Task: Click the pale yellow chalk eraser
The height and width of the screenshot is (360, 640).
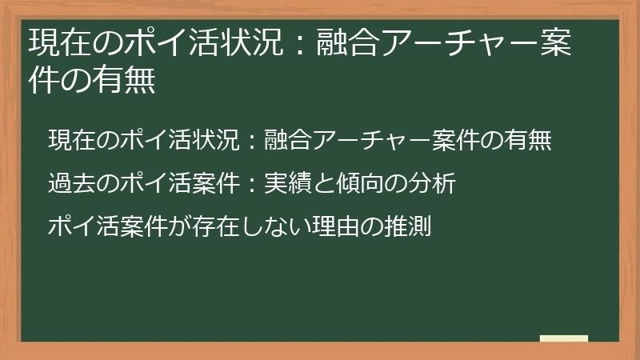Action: pos(564,338)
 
